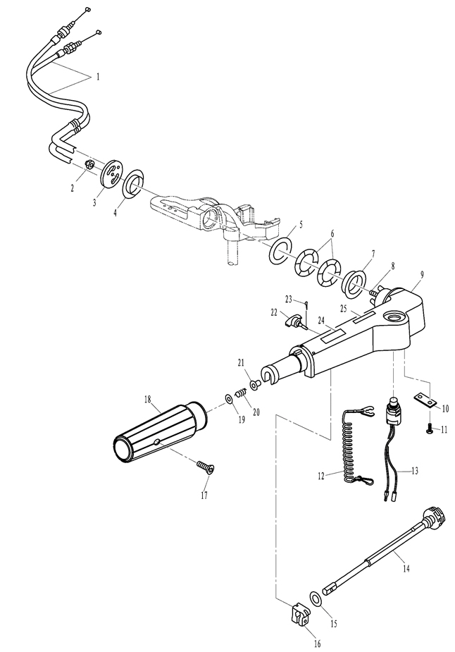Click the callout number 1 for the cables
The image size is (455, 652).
98,77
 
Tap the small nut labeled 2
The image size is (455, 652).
88,164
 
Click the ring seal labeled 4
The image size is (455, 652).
133,184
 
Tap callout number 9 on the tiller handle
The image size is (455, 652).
422,274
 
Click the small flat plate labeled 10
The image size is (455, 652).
426,400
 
